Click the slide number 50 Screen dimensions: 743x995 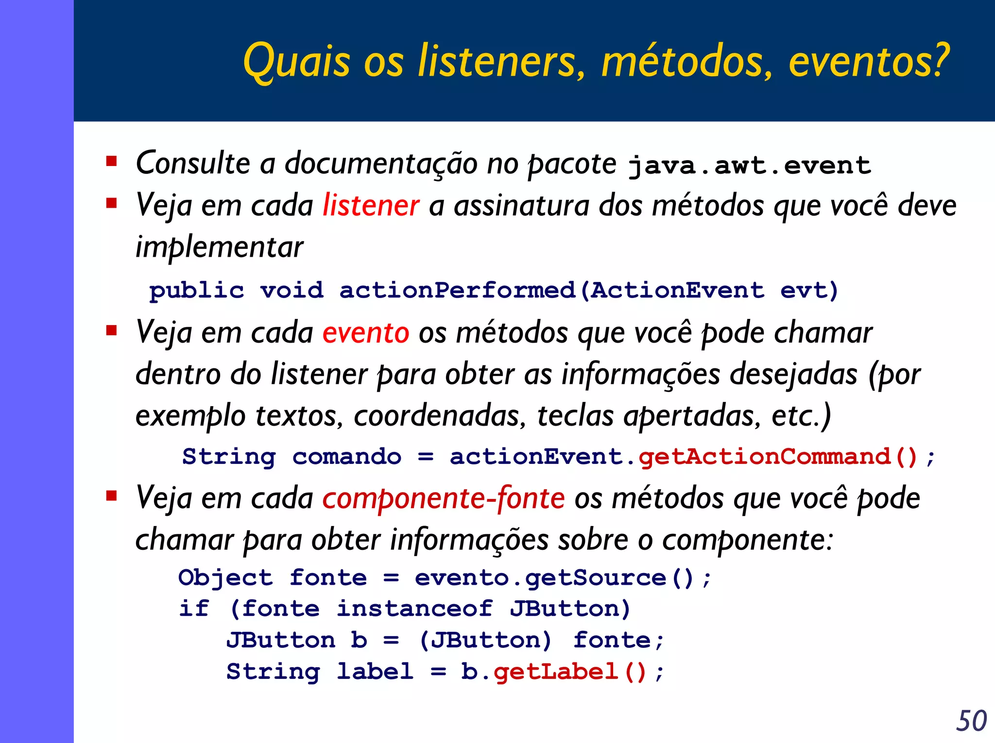(971, 721)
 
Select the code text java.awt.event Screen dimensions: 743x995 (749, 166)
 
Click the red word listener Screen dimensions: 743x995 (371, 205)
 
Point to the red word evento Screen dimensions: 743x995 (365, 333)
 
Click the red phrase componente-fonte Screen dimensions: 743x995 (443, 499)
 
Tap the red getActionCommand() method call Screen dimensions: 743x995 (777, 457)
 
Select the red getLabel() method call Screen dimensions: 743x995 (570, 672)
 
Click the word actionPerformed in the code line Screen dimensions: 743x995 (457, 291)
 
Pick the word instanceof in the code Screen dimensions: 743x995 (414, 609)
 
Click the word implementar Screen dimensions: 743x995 (219, 248)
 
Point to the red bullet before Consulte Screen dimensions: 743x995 (112, 161)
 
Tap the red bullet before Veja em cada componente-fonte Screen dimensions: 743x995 (112, 496)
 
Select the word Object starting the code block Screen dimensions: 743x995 (225, 578)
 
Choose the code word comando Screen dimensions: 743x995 (347, 457)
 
